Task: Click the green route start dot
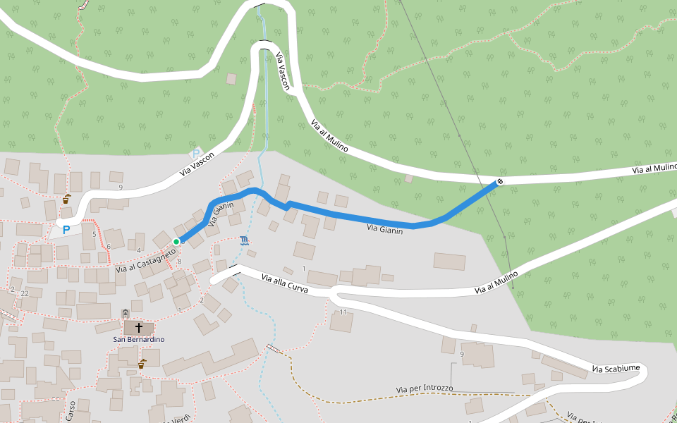click(x=176, y=242)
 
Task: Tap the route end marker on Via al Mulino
click(x=499, y=181)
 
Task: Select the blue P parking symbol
click(x=67, y=229)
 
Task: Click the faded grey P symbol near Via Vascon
click(x=197, y=153)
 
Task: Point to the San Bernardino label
click(x=139, y=339)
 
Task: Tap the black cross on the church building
click(x=139, y=328)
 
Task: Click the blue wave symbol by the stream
click(x=244, y=241)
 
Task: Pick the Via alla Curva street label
click(x=285, y=283)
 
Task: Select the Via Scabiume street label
click(x=616, y=369)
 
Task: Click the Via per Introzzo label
click(x=424, y=389)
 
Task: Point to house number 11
click(x=343, y=312)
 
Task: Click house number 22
click(x=25, y=293)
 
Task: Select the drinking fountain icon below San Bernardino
click(x=142, y=364)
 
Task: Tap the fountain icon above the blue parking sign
click(x=66, y=199)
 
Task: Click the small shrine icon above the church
click(x=126, y=313)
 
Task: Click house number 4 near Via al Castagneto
click(x=139, y=250)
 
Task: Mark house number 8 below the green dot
click(x=180, y=262)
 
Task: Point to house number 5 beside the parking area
click(x=94, y=235)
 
